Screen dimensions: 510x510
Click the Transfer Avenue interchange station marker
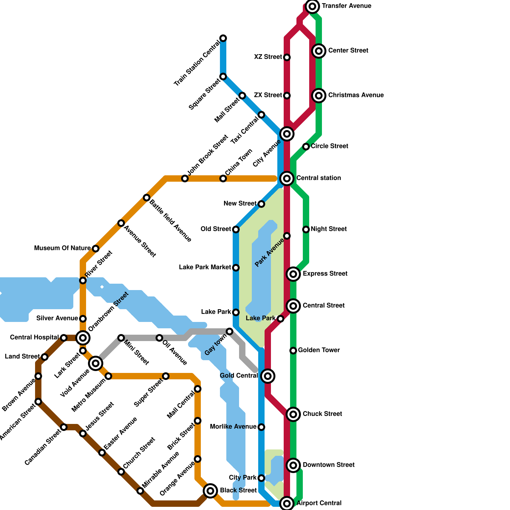tap(312, 6)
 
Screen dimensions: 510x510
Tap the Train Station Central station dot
tap(223, 38)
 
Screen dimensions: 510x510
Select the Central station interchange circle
tap(287, 178)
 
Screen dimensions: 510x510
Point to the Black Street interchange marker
tap(210, 491)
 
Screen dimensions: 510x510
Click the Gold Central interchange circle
tap(268, 376)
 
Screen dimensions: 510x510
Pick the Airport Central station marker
tap(287, 503)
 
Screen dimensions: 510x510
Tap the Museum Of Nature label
tap(62, 248)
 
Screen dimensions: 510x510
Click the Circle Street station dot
tap(306, 147)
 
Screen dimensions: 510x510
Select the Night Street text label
tap(329, 229)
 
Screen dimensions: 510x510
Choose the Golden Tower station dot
tap(293, 351)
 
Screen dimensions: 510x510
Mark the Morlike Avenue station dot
tap(261, 427)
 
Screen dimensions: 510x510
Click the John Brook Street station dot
tap(185, 178)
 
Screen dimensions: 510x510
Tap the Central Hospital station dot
tap(64, 338)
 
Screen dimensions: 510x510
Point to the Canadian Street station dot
tap(64, 427)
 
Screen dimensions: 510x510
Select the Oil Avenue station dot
tap(159, 338)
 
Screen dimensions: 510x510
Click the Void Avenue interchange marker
tap(96, 363)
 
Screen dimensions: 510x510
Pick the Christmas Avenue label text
tap(356, 95)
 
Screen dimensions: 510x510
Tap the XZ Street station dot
tap(287, 57)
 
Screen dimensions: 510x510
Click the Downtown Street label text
tap(328, 465)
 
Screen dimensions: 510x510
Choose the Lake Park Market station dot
tap(236, 268)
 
